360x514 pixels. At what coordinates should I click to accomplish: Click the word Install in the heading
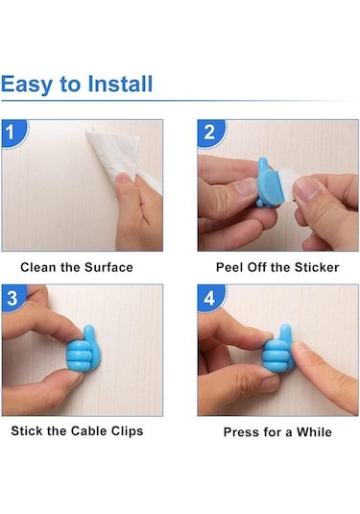tap(120, 84)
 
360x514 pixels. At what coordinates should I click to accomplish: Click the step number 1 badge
tap(12, 133)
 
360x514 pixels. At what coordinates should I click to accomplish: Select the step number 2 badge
tap(210, 133)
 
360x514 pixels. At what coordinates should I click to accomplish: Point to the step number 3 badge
tap(12, 298)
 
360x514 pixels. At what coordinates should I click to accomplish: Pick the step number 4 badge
tap(210, 298)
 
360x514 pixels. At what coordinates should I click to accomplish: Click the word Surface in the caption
tap(108, 267)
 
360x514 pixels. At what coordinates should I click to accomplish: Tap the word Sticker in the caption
tap(317, 267)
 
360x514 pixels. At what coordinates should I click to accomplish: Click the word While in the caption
tap(314, 431)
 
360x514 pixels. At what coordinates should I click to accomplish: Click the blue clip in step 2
tap(270, 183)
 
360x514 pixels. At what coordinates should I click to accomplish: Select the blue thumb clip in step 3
tap(82, 351)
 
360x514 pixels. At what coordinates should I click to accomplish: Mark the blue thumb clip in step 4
tap(278, 351)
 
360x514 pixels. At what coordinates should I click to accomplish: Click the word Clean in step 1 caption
tap(38, 267)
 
